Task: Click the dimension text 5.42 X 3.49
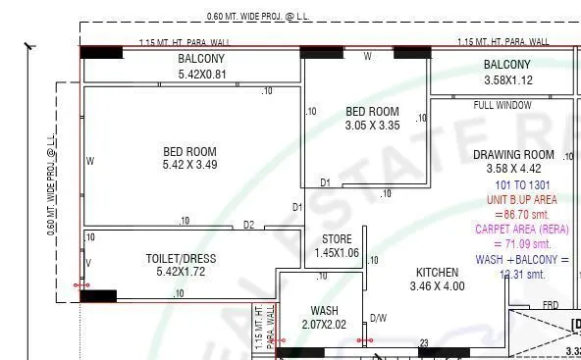click(x=189, y=165)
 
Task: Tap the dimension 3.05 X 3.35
click(x=372, y=126)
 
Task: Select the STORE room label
click(x=337, y=239)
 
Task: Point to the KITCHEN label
click(x=437, y=273)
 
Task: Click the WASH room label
click(x=324, y=311)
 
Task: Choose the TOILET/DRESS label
click(x=181, y=259)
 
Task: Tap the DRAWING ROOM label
click(x=513, y=155)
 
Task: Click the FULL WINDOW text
click(x=502, y=105)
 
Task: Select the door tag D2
click(x=248, y=225)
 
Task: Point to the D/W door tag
click(x=378, y=318)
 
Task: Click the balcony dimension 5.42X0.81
click(x=202, y=74)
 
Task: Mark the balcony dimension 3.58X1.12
click(x=507, y=80)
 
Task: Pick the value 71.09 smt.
click(x=521, y=244)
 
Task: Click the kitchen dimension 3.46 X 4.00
click(x=437, y=286)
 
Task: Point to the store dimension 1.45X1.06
click(x=337, y=253)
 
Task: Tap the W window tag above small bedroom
click(x=368, y=57)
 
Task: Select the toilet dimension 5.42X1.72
click(x=181, y=272)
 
